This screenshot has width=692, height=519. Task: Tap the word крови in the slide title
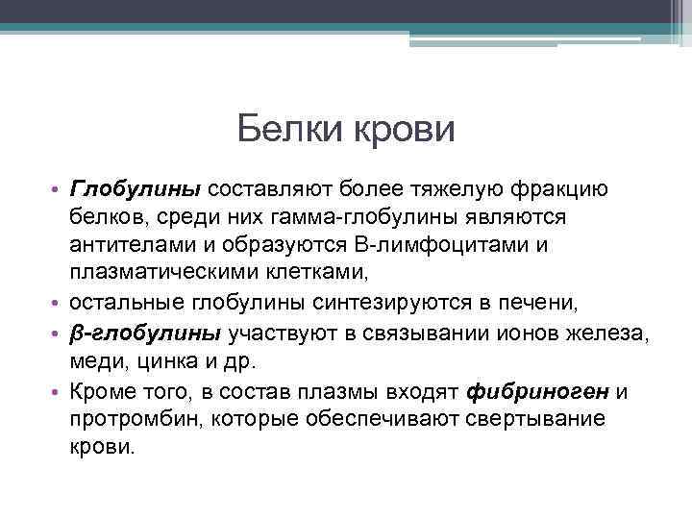coord(404,129)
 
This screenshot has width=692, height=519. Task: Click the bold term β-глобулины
coord(145,334)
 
